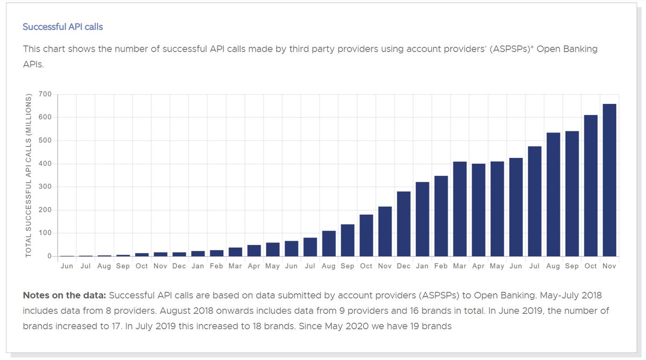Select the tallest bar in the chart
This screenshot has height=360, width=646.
point(609,180)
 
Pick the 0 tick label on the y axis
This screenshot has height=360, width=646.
point(49,257)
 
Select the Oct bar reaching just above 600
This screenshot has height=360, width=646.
point(590,186)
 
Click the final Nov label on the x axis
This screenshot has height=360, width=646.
point(609,266)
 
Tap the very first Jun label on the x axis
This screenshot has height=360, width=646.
point(67,266)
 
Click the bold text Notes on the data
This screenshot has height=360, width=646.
point(64,296)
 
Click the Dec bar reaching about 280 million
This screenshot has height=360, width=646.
point(403,224)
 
